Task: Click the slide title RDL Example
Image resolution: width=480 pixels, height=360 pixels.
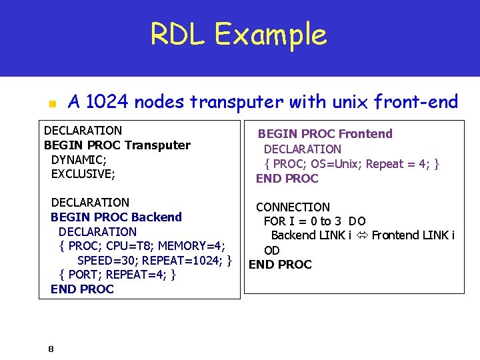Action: coord(238,35)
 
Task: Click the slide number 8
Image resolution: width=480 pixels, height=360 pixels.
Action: coord(51,349)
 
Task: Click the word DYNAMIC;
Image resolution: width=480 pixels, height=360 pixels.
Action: coord(79,160)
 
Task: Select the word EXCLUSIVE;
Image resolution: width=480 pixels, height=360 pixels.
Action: coord(83,175)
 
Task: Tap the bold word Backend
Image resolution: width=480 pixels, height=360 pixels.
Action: coord(157,217)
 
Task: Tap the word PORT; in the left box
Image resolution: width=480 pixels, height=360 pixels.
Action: coord(83,275)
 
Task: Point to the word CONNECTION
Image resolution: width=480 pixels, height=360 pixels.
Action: coord(293,207)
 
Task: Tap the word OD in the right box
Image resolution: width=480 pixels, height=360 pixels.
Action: coord(272,251)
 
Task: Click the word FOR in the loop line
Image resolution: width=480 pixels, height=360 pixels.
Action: coord(275,221)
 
